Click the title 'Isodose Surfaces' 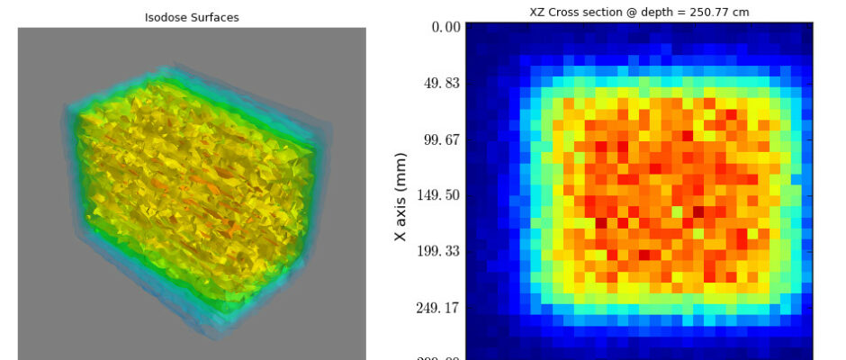click(192, 17)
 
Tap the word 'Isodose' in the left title click(164, 17)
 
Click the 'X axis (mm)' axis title click(401, 197)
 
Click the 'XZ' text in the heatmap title click(538, 12)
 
